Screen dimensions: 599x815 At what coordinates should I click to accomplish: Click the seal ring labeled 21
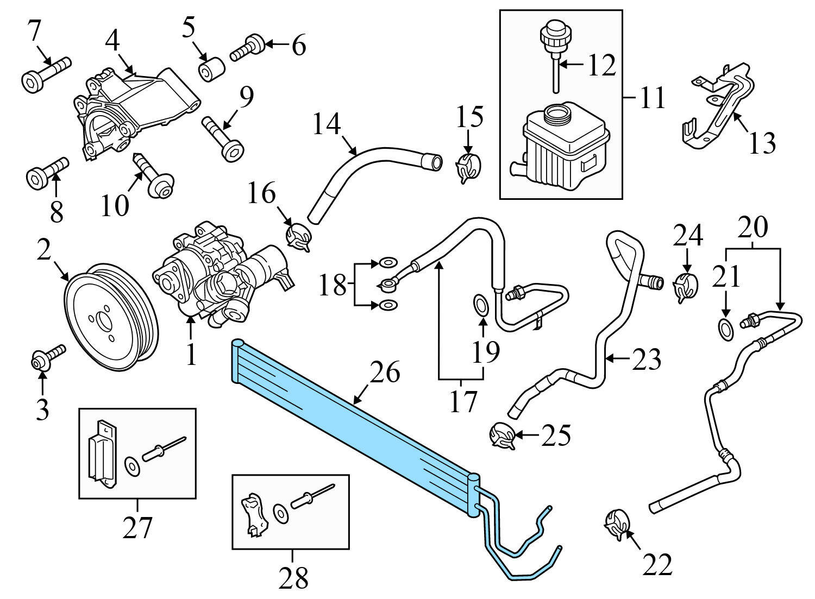click(x=725, y=328)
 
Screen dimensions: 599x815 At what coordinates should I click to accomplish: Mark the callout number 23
click(x=647, y=359)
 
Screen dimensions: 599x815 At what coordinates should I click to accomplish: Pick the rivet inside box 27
click(x=163, y=447)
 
